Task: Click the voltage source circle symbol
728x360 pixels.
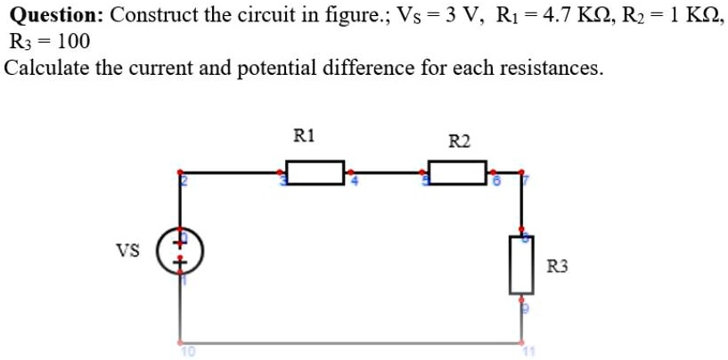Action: pos(182,251)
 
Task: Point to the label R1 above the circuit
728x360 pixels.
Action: pos(304,136)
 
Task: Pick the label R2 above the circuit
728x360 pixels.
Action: pos(460,141)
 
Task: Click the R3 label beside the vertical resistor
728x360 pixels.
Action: pos(557,266)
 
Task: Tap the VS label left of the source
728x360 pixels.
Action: pos(127,250)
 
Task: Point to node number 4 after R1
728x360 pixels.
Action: pos(353,182)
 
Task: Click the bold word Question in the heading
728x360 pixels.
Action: pos(58,15)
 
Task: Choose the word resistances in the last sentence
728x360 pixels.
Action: pos(553,69)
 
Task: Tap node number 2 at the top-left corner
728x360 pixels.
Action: pos(186,182)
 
